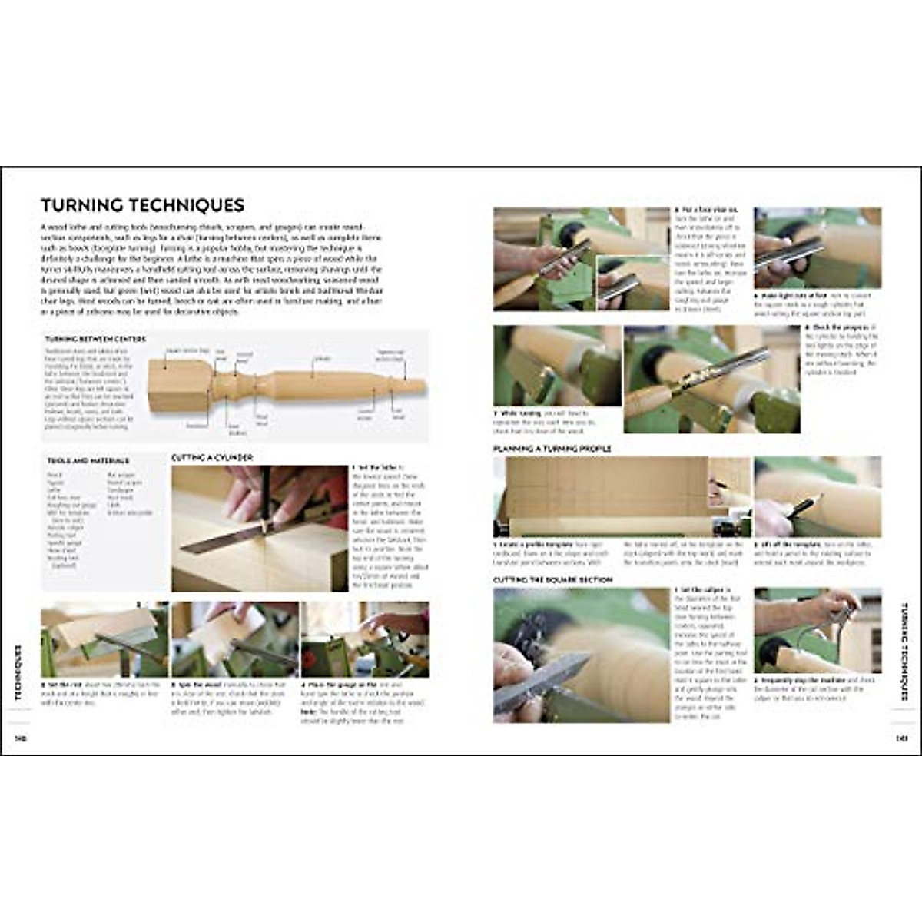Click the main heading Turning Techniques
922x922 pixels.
click(x=142, y=205)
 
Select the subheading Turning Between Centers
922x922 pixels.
click(x=95, y=339)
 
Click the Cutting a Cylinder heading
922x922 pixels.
click(x=211, y=458)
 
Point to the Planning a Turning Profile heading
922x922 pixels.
click(x=552, y=448)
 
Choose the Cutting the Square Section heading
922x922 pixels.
click(x=552, y=579)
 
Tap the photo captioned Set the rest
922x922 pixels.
click(x=104, y=639)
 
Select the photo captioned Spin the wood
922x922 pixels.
click(x=234, y=639)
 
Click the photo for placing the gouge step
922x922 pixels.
click(x=365, y=639)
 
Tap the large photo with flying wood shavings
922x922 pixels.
click(x=581, y=655)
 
